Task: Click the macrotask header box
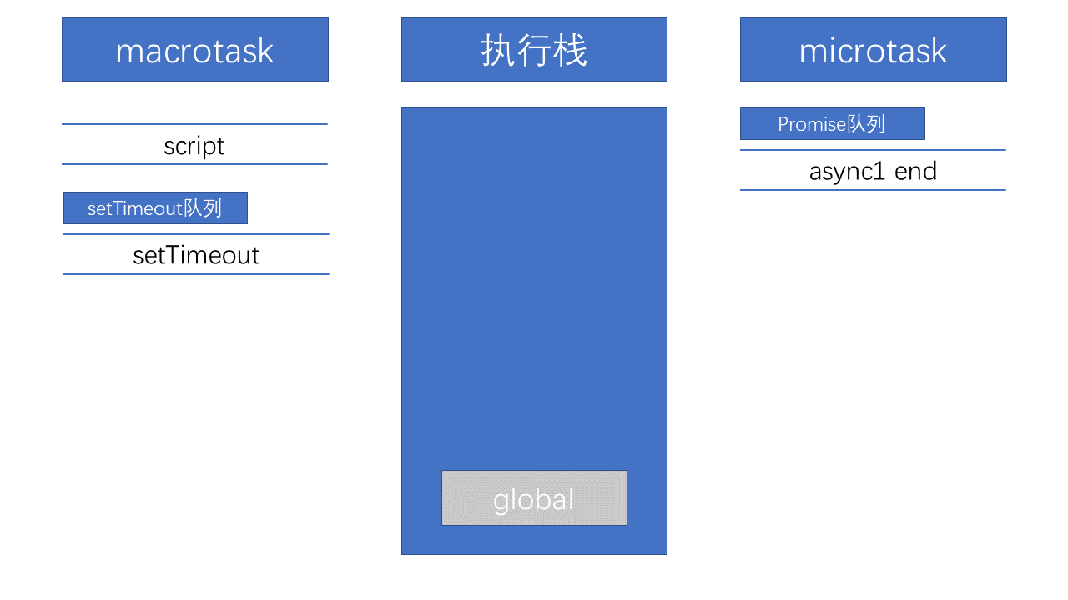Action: click(x=195, y=49)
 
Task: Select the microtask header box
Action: click(x=873, y=49)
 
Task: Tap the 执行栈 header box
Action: click(x=534, y=49)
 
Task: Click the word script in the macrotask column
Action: click(x=194, y=146)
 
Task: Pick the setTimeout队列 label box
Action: click(x=155, y=208)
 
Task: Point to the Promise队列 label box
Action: click(x=833, y=124)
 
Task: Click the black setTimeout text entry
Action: click(x=196, y=255)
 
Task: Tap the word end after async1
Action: click(x=915, y=171)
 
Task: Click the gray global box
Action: click(x=534, y=498)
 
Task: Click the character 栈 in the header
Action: click(x=570, y=50)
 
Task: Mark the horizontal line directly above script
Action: click(x=194, y=124)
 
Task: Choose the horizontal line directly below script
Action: click(x=194, y=164)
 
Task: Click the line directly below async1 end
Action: click(x=873, y=190)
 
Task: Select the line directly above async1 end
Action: click(x=873, y=150)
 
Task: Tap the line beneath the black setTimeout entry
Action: click(x=196, y=274)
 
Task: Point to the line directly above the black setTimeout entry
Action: click(x=196, y=234)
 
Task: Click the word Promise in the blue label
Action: click(x=812, y=124)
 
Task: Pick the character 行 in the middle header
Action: click(x=534, y=50)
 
